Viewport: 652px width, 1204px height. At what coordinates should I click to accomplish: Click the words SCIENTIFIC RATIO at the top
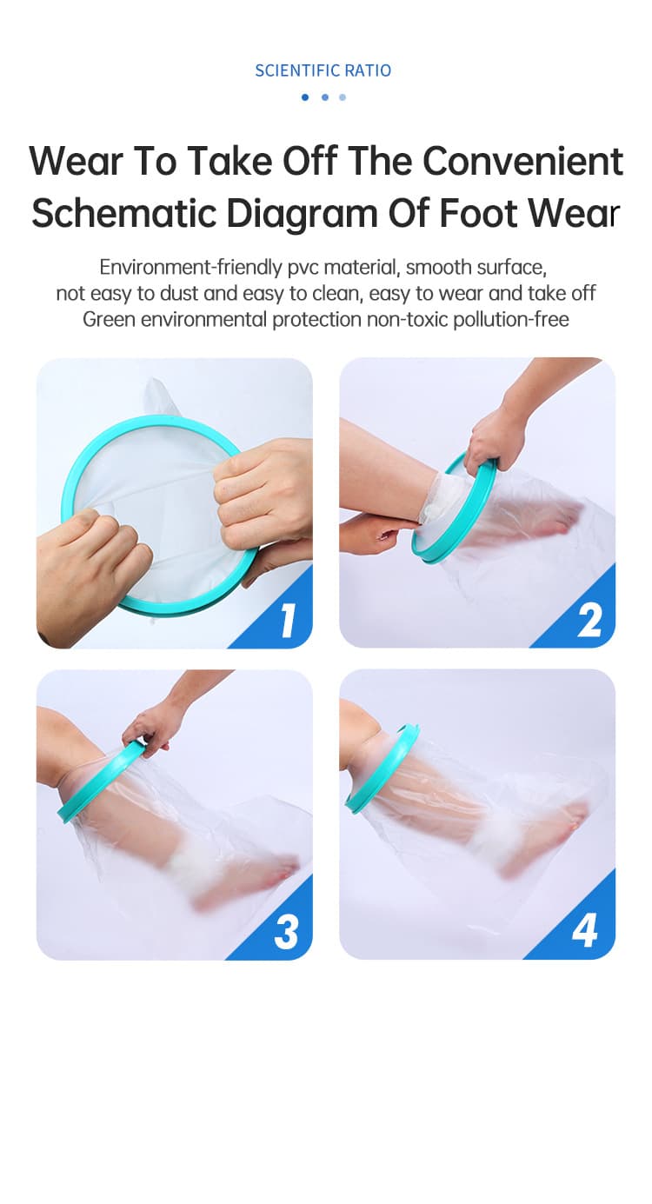pyautogui.click(x=323, y=70)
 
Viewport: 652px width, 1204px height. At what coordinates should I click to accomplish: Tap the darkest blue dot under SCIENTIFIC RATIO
pyautogui.click(x=305, y=97)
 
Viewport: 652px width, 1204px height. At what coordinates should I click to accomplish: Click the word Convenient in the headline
pyautogui.click(x=523, y=161)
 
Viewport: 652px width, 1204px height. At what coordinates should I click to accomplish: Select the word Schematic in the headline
pyautogui.click(x=123, y=213)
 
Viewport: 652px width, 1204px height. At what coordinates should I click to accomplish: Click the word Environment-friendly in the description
pyautogui.click(x=190, y=267)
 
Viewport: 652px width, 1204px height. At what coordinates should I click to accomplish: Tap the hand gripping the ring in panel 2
pyautogui.click(x=492, y=438)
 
